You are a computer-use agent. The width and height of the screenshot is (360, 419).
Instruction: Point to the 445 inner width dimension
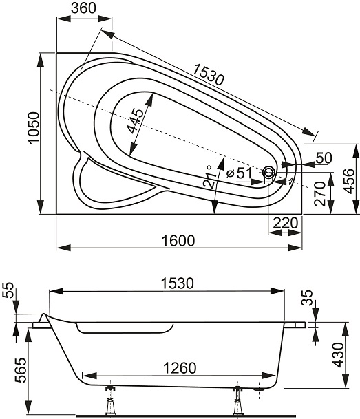pyautogui.click(x=136, y=121)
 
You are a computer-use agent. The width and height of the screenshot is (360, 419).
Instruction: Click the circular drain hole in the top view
pyautogui.click(x=268, y=173)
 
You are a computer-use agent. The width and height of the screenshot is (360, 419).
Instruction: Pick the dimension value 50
pyautogui.click(x=324, y=158)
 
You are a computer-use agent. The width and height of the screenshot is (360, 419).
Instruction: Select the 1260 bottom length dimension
pyautogui.click(x=177, y=367)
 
